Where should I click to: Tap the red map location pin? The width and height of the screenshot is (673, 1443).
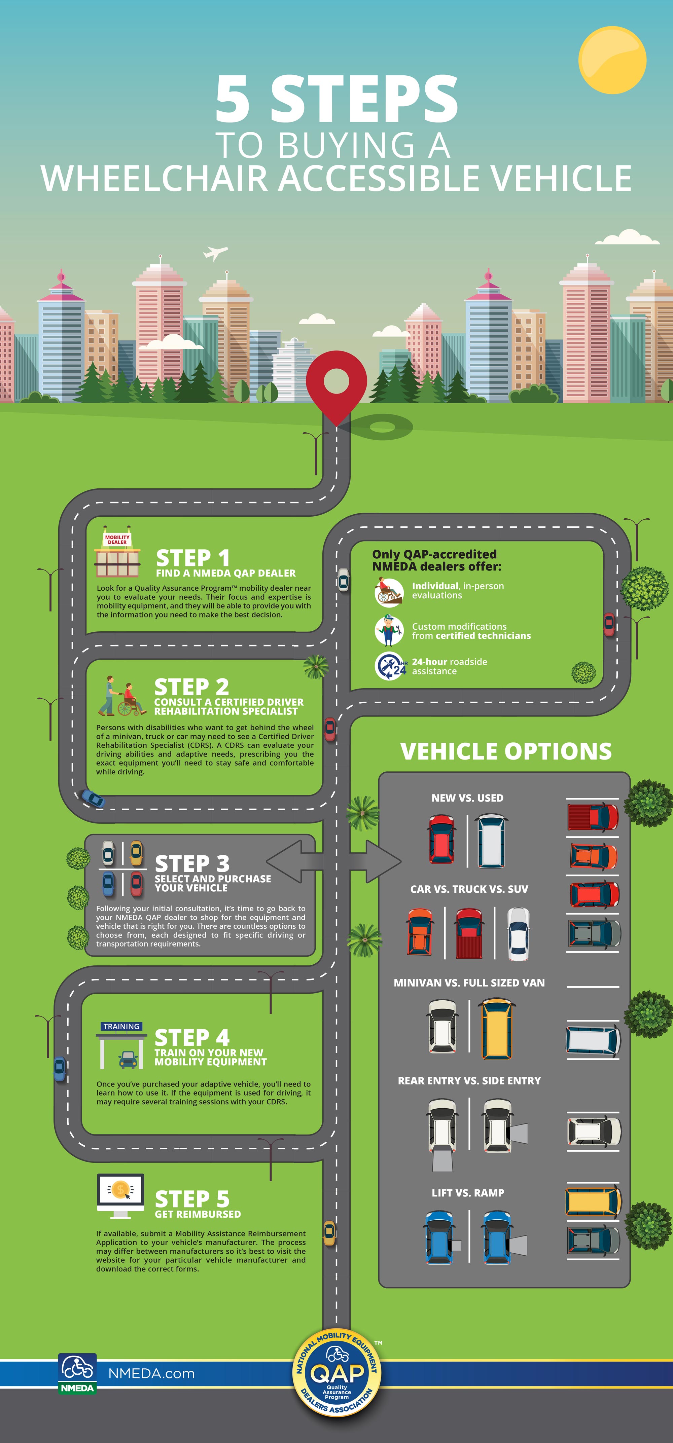tap(336, 384)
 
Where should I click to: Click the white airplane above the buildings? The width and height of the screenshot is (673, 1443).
tap(215, 253)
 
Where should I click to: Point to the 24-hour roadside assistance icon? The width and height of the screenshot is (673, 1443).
tap(389, 666)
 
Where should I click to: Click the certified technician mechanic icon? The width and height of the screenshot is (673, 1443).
tap(389, 630)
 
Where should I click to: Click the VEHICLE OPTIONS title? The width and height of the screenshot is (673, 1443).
tap(505, 751)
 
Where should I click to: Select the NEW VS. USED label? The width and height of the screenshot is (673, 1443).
tap(467, 798)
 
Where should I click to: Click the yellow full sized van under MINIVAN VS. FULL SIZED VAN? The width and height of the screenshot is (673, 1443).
tap(497, 1029)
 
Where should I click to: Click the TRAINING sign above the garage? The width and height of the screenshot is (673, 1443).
tap(121, 1026)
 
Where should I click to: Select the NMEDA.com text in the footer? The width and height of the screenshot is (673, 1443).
tap(151, 1373)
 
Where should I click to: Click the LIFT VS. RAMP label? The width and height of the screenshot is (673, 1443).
tap(467, 1193)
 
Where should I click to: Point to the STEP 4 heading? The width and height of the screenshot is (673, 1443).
tap(192, 1037)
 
